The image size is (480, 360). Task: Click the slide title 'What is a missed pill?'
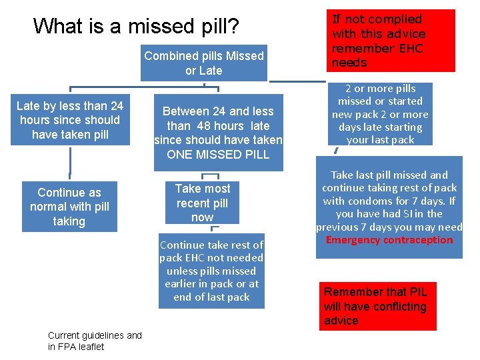coord(136,26)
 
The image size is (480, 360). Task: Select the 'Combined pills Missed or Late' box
coord(203,63)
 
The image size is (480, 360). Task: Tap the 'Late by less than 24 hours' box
coord(69,120)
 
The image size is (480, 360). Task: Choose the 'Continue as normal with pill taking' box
coord(69,207)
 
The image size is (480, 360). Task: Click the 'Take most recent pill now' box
coord(202,203)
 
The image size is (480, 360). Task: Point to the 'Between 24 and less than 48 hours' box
coord(218,133)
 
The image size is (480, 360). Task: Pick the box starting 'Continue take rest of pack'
coord(211,271)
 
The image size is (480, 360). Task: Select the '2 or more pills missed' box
coord(380,114)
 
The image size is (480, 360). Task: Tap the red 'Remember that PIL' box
coord(377,306)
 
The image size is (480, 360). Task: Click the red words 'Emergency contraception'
coord(389,240)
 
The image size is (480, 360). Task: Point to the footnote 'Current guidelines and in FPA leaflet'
coord(95,341)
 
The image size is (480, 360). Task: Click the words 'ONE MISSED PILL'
coord(218,155)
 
